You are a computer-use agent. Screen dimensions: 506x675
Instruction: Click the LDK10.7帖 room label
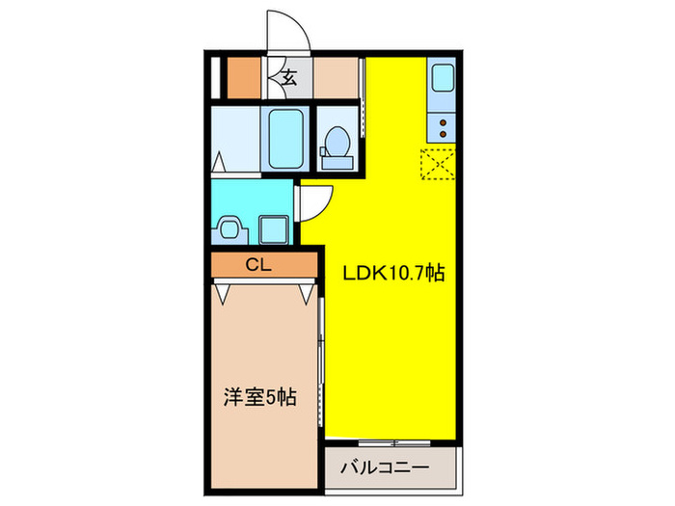393,274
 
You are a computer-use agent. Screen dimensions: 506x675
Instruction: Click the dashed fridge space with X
439,166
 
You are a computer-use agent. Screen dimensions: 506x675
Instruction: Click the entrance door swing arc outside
286,31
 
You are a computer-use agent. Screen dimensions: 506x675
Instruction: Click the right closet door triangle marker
309,289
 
